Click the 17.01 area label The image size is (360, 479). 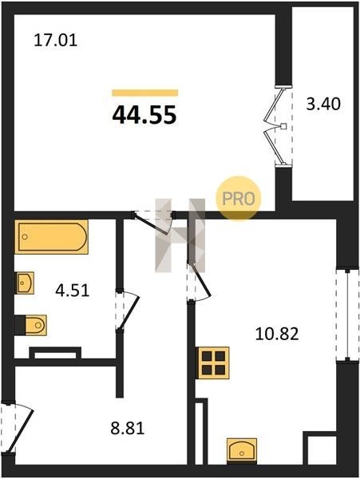coord(55,41)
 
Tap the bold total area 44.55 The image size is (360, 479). coord(144,115)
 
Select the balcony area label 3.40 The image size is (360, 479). coord(323,104)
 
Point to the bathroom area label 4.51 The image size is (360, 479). coord(73,291)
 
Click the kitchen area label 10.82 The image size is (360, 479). coord(277,334)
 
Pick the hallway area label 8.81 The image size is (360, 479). coord(128,428)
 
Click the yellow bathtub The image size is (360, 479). coord(51,237)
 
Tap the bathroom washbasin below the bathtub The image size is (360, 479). coord(25,283)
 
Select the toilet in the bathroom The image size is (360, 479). coord(31,325)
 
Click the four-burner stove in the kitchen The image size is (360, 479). coord(213,362)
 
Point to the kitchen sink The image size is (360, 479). coord(242,450)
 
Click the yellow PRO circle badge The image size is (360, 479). coord(239,198)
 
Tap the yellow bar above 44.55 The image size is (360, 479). coord(145,93)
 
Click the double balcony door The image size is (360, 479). coord(279,126)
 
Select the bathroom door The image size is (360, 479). coord(126,310)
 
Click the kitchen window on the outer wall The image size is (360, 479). coord(347,315)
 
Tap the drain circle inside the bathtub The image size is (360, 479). coord(25,237)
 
